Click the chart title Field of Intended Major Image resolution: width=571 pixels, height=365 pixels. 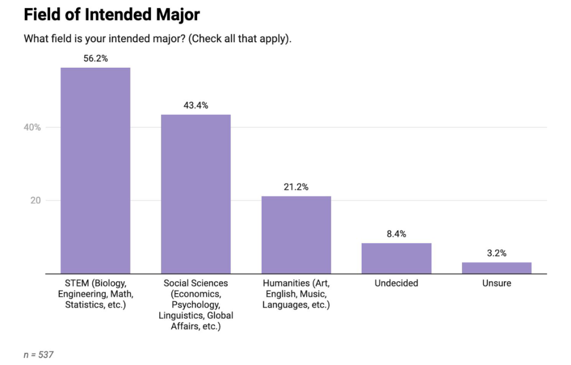tap(112, 15)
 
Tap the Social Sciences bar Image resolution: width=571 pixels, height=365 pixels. tap(196, 194)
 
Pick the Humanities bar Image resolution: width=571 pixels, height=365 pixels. tap(296, 235)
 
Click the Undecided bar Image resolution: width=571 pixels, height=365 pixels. tap(397, 258)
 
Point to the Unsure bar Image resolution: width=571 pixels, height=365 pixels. tap(496, 268)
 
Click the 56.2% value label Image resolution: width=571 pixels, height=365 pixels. tap(95, 59)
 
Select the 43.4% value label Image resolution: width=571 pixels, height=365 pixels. tap(196, 105)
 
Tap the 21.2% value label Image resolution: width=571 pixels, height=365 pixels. tap(296, 187)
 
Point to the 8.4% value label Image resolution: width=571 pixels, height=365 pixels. tap(397, 234)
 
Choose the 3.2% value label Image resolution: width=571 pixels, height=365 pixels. tap(496, 253)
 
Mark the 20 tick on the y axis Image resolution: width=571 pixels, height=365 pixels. tap(35, 200)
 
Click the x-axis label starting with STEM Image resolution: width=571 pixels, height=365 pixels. tap(95, 294)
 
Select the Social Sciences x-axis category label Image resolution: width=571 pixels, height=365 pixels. tap(196, 305)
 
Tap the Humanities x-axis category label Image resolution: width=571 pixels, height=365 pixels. tap(296, 294)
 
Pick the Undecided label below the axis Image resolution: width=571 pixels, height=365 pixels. tap(397, 283)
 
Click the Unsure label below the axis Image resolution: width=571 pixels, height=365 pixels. tap(496, 283)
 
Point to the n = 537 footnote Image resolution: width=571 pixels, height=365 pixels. tap(39, 354)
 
